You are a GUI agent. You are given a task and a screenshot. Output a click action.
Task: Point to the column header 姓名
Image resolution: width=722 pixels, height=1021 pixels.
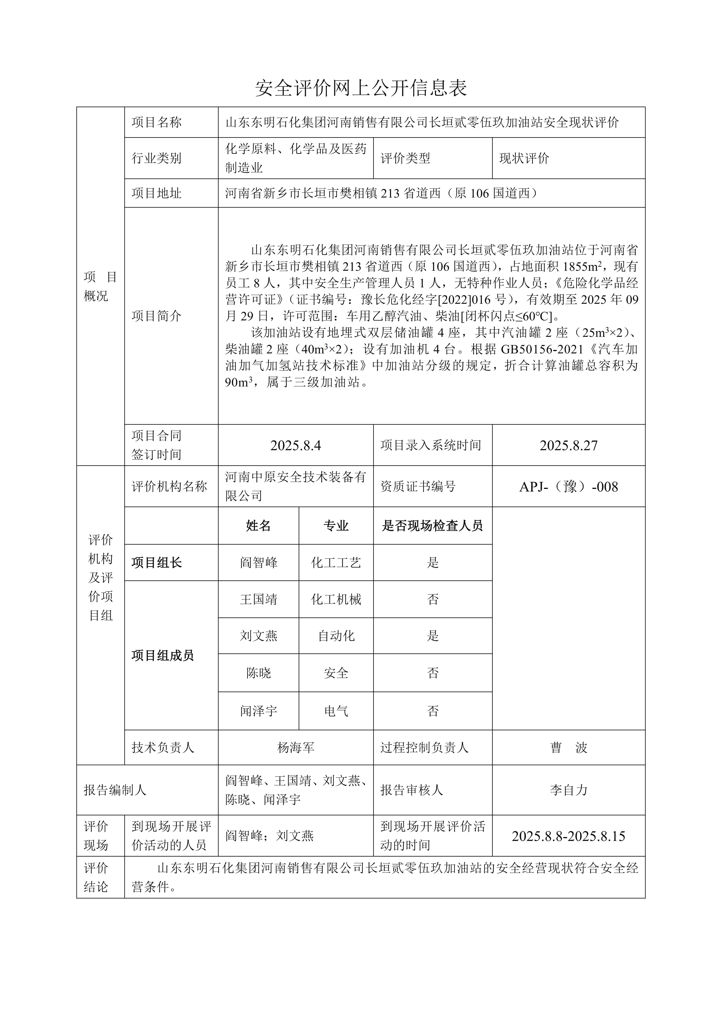coord(258,526)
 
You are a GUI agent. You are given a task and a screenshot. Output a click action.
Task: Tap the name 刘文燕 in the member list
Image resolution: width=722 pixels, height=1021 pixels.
coord(258,636)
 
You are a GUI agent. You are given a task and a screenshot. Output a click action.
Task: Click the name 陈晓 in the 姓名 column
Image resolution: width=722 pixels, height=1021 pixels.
coord(258,673)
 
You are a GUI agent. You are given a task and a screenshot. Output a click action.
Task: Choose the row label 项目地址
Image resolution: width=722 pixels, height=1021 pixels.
coord(156,193)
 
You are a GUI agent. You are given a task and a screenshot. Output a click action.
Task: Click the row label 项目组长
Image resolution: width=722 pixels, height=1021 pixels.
coord(156,563)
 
